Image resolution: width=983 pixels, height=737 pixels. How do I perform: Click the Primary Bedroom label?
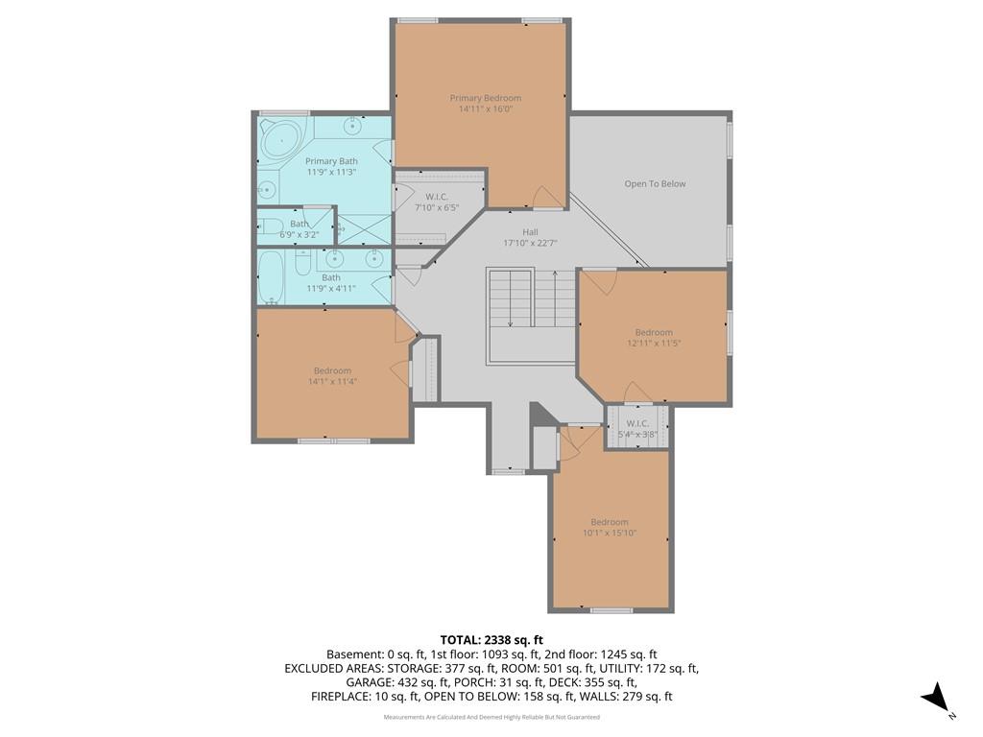click(485, 98)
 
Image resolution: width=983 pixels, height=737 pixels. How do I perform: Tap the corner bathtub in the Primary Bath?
click(281, 140)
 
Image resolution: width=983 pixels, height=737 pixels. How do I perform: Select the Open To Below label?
click(655, 183)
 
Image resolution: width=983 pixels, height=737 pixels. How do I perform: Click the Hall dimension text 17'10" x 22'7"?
click(530, 243)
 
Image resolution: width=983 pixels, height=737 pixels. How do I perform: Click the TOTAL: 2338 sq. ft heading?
click(491, 640)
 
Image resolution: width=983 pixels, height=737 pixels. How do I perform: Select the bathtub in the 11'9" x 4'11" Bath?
click(271, 277)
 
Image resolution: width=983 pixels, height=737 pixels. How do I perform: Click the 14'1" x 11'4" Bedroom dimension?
click(332, 381)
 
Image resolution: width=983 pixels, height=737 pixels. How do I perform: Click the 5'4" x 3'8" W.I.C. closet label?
click(637, 429)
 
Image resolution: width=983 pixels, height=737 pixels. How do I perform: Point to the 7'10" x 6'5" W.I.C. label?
click(437, 202)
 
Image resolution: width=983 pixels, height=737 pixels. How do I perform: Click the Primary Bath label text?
click(331, 161)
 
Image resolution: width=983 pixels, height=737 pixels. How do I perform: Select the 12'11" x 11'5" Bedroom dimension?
click(654, 344)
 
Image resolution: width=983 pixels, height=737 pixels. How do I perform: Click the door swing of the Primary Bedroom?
click(543, 196)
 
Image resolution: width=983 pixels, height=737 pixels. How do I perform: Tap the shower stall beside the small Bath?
click(365, 229)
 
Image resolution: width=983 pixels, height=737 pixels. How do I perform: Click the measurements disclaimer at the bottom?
click(491, 717)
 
